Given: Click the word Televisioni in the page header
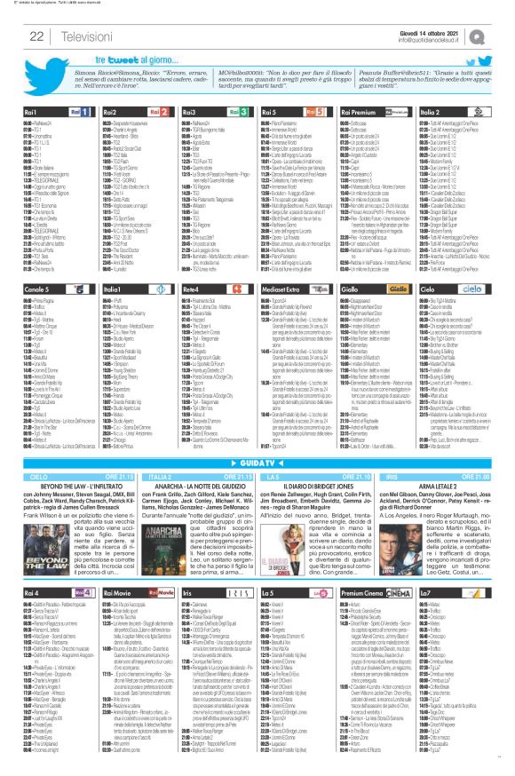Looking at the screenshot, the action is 81,36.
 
